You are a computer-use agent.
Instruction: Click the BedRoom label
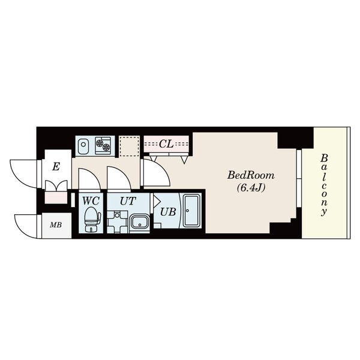pos(251,176)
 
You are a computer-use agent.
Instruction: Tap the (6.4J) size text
pos(251,188)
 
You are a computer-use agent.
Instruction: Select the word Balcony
pos(324,185)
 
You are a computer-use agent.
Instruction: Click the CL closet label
pos(166,144)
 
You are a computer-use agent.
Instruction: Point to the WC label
pos(91,201)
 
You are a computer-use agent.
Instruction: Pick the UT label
pos(128,201)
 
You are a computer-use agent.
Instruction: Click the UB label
pos(168,212)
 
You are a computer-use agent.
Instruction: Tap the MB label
pos(56,225)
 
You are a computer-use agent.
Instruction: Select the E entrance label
pos(56,167)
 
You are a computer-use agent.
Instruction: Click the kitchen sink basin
pos(83,146)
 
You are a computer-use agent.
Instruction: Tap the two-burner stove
pos(103,146)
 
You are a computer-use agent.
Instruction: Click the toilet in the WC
pos(92,219)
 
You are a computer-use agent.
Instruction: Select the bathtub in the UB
pos(191,211)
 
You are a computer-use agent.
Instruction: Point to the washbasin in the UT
pos(139,222)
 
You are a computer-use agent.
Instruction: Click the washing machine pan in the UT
pos(117,222)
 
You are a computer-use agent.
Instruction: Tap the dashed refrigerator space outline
pos(130,146)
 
